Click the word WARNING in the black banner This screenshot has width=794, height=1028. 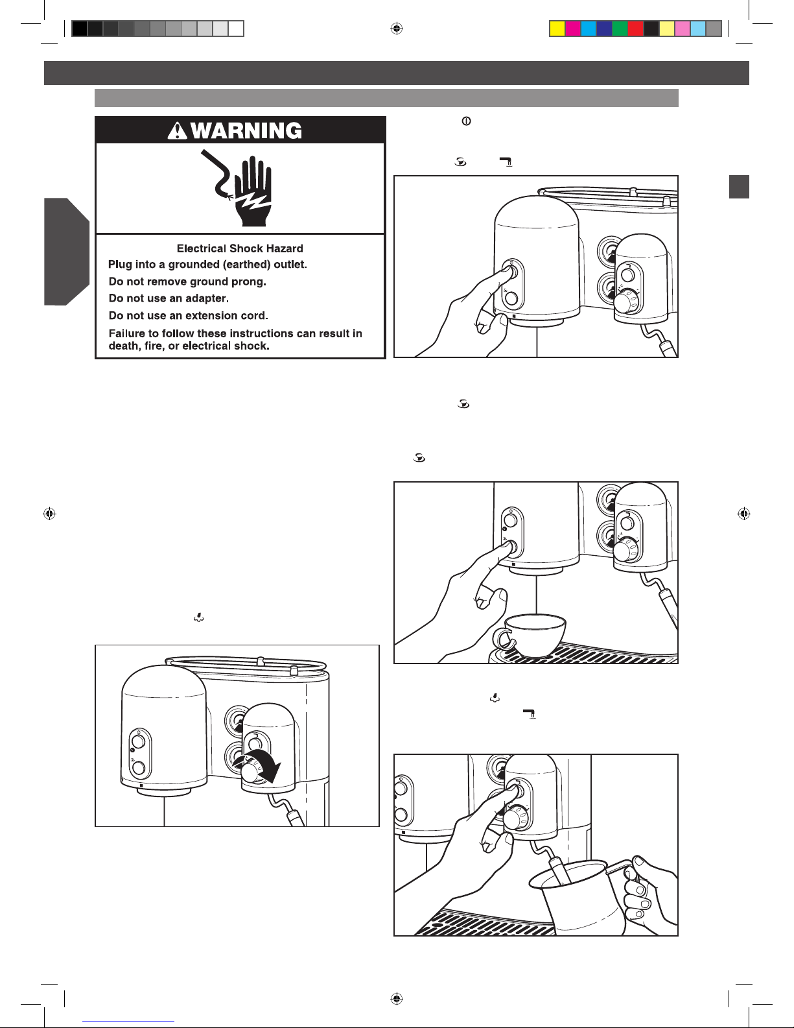[247, 130]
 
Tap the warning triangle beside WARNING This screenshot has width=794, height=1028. [178, 131]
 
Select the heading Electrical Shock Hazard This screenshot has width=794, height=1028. [240, 248]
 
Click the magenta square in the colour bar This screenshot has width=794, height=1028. [573, 29]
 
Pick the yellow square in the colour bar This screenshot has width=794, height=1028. [557, 29]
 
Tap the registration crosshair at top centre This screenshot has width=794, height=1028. [397, 29]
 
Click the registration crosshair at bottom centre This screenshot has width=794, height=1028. [397, 999]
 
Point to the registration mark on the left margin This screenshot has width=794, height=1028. [49, 514]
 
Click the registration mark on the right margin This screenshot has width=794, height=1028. [744, 514]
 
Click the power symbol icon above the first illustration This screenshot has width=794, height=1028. [466, 121]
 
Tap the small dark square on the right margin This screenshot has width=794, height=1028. [739, 187]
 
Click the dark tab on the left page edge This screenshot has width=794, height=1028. [65, 252]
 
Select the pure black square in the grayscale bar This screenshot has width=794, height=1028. [80, 29]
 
